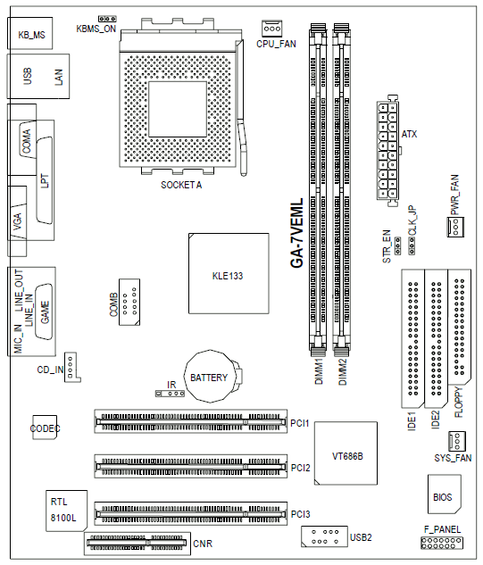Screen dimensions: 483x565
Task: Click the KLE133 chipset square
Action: coord(229,273)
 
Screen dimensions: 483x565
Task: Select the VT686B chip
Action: coord(346,453)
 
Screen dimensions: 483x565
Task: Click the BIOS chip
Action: coord(445,494)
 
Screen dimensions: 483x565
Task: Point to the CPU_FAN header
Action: coord(271,29)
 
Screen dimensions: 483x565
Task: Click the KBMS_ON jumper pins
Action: coord(107,19)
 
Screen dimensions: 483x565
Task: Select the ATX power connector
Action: coord(387,151)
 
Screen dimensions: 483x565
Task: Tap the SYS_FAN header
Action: coord(457,441)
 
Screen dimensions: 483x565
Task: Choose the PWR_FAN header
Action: coord(455,227)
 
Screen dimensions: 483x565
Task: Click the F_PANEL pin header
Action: coord(442,543)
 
